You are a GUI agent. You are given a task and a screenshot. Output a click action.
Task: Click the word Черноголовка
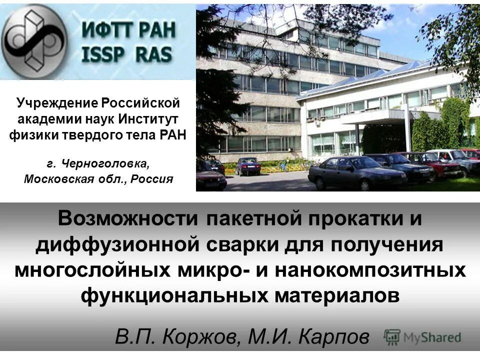tap(105, 163)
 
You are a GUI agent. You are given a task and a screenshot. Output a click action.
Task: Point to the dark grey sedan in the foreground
tap(356, 172)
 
